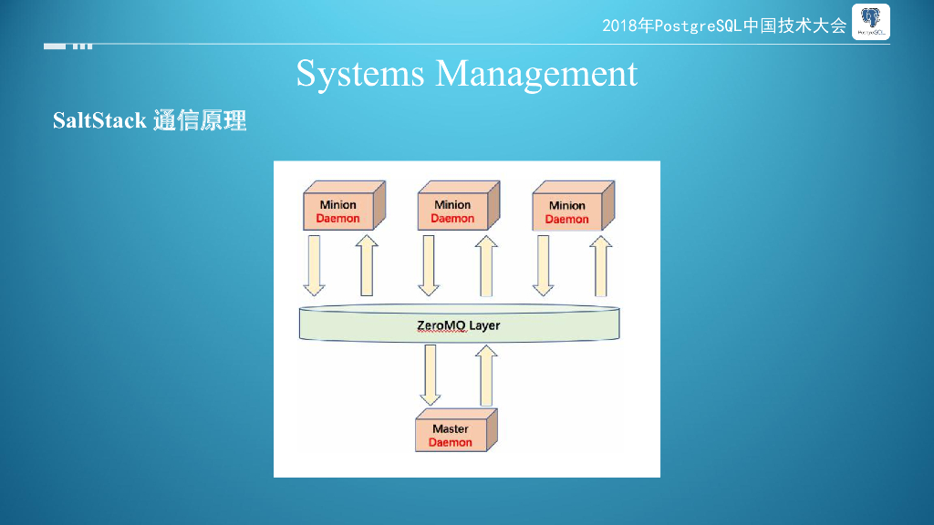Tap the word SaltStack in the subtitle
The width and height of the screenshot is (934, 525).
tap(99, 120)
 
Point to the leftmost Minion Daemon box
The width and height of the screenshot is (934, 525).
tap(339, 211)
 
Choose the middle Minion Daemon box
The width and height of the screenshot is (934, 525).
tap(453, 211)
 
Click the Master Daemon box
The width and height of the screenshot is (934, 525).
tap(451, 435)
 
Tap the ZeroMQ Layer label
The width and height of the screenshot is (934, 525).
tap(459, 325)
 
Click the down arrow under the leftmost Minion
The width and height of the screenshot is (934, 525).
tap(314, 265)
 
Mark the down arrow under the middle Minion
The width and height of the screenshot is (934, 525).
tap(428, 265)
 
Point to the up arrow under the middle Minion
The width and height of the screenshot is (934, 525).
tap(486, 265)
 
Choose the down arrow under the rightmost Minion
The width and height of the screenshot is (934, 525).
tap(543, 265)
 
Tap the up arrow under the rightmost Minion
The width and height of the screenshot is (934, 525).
tap(600, 265)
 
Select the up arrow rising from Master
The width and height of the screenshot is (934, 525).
tap(486, 376)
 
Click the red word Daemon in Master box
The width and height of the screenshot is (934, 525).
tap(451, 443)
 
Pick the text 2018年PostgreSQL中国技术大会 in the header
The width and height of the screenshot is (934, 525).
tap(724, 26)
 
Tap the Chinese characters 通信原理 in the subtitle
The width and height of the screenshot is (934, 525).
tap(200, 120)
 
